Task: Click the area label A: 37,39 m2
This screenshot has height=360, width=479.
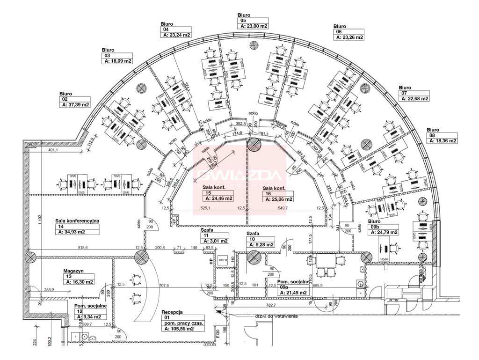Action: pos(75,105)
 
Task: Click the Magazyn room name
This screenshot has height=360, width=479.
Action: pos(73,271)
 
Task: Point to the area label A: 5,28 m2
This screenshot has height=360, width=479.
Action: pos(260,244)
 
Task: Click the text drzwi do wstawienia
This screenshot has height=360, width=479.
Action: pos(277,316)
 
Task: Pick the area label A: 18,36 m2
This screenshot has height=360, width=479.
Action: pos(442,140)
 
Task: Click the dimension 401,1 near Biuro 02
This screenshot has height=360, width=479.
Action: pos(52,150)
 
